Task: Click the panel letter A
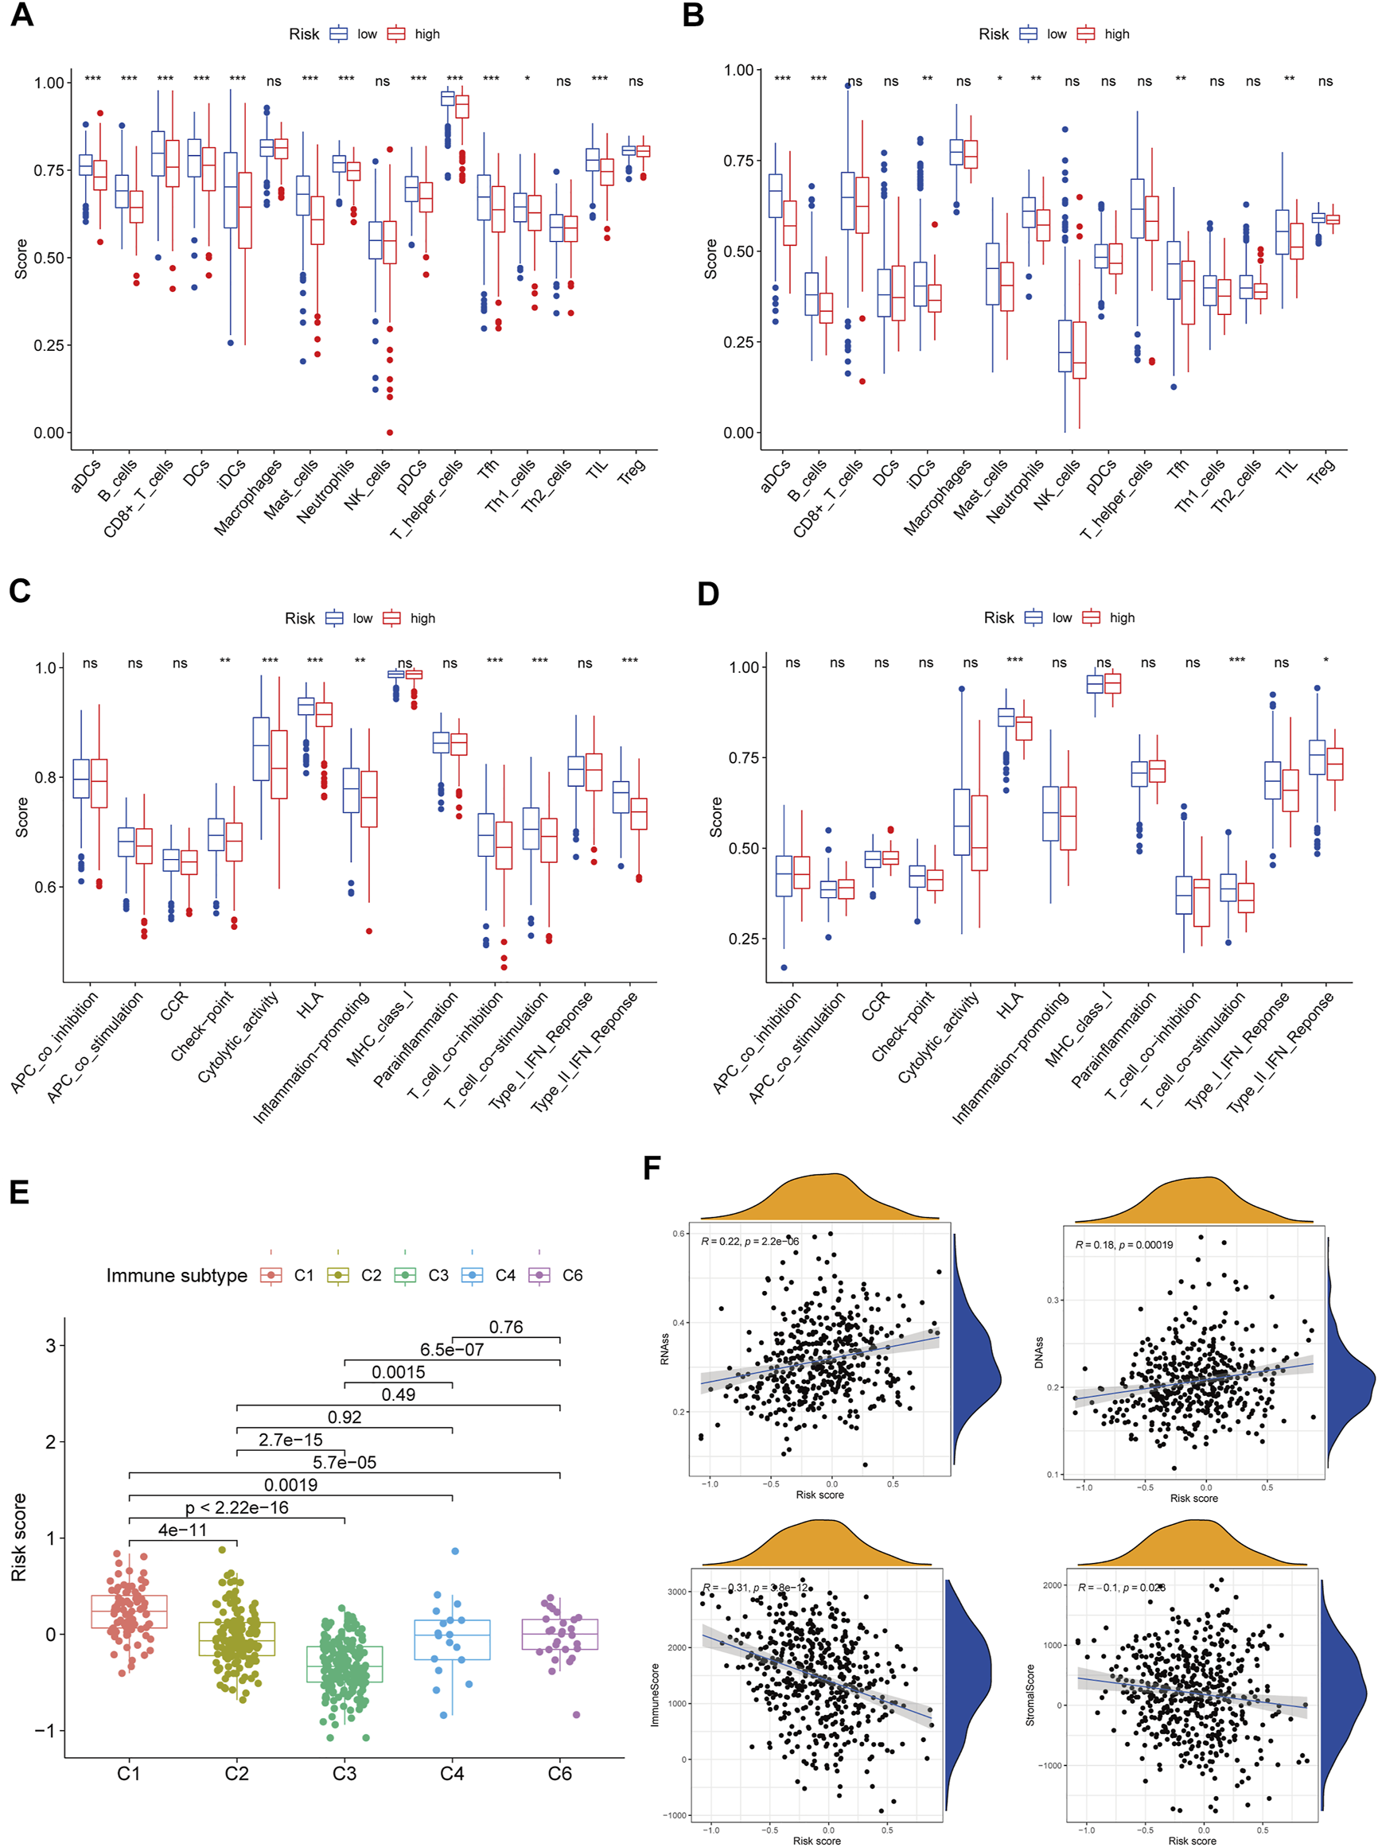(21, 15)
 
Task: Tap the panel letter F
(652, 1168)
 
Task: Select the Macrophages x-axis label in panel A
(247, 497)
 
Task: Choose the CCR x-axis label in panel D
(875, 1006)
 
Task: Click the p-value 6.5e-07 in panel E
(451, 1349)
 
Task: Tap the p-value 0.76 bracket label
(505, 1327)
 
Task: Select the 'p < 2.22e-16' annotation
(237, 1507)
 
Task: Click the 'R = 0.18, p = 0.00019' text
(1123, 1245)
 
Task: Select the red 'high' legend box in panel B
(1085, 34)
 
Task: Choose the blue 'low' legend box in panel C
(334, 618)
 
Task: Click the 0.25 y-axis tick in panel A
(49, 345)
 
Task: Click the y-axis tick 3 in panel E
(51, 1345)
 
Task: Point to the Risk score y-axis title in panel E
(18, 1537)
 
